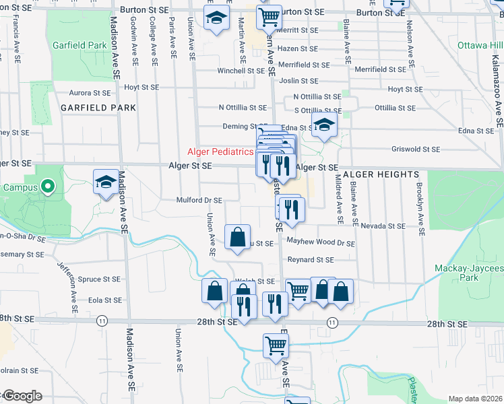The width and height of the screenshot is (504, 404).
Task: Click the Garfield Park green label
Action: (x=80, y=45)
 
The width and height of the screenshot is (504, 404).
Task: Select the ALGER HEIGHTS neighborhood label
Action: (x=381, y=174)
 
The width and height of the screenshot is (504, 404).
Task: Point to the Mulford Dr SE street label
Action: (x=199, y=200)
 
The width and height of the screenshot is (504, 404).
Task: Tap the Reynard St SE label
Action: (x=311, y=259)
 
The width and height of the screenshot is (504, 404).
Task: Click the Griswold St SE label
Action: (x=415, y=149)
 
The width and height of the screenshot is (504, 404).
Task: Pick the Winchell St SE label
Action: (x=241, y=71)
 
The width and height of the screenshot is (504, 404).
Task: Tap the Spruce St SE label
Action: (x=99, y=279)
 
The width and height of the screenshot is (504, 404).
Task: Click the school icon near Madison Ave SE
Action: (x=106, y=182)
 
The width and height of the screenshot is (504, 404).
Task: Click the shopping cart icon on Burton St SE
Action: (x=269, y=15)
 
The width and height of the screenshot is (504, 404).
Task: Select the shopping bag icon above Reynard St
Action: (x=237, y=237)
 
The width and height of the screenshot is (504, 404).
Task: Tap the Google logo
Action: (x=22, y=396)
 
